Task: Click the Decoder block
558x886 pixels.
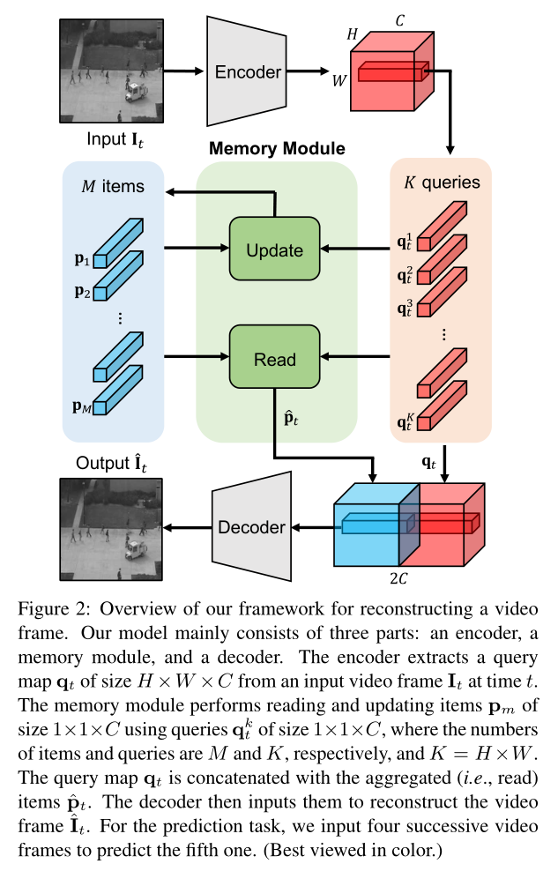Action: pos(251,527)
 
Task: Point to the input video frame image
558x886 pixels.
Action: pos(111,71)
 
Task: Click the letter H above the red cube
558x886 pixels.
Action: pos(354,34)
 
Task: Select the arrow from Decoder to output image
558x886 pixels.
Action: pos(188,527)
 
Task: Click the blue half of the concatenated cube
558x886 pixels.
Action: pos(366,527)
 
